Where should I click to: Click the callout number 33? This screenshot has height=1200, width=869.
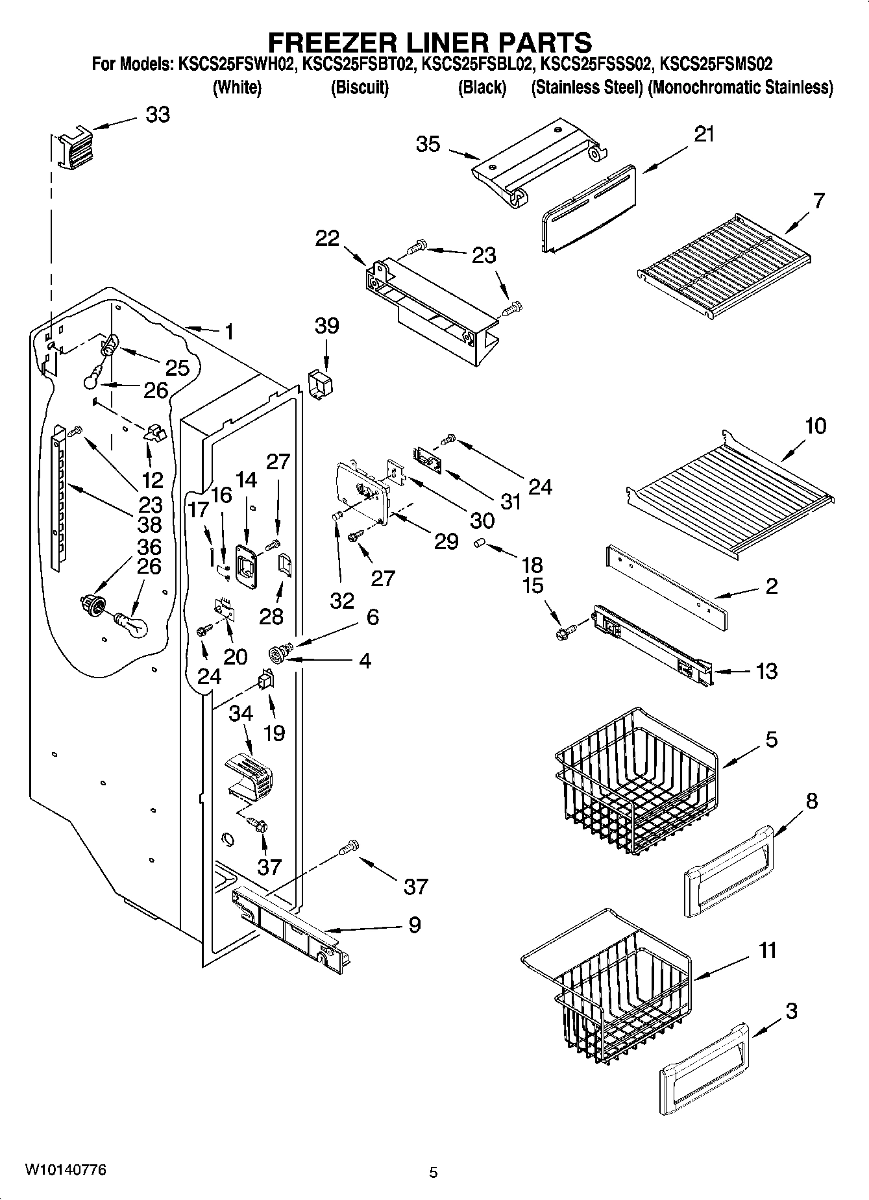tap(157, 115)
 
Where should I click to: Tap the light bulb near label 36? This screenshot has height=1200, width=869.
tap(132, 624)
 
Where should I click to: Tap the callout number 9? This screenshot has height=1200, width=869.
tap(414, 924)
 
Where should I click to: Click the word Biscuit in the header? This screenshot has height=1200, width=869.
tap(360, 87)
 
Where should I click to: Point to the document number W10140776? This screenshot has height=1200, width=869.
tap(66, 1169)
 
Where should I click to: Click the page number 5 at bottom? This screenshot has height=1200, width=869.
tap(434, 1172)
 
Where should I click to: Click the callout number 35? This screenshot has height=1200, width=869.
tap(428, 144)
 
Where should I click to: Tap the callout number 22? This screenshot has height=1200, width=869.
tap(327, 238)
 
